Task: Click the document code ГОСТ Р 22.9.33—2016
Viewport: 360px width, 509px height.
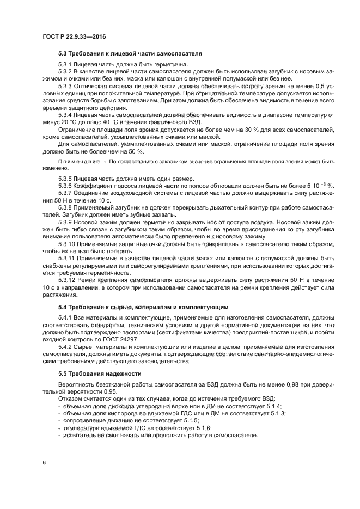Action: (73, 36)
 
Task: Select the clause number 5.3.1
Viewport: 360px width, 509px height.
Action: (65, 65)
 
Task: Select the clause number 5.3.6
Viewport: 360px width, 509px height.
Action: (65, 186)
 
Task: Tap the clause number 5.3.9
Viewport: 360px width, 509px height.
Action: (65, 223)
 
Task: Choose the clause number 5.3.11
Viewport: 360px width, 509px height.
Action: (67, 259)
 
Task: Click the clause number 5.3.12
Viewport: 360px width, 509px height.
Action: (67, 280)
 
